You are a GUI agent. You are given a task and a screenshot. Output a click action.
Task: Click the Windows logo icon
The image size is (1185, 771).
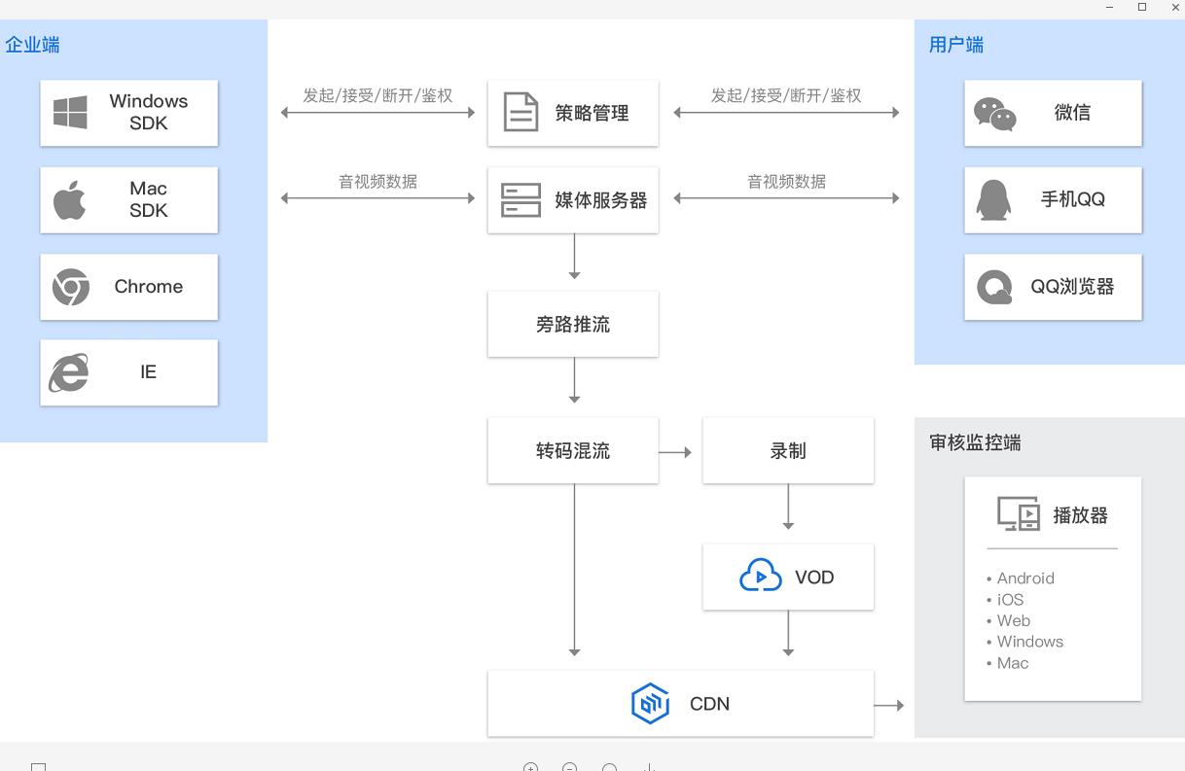tap(70, 113)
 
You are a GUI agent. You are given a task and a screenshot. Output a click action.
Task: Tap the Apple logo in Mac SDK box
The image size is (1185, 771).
tap(69, 200)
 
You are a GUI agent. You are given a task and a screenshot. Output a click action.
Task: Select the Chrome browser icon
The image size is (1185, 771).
tap(70, 287)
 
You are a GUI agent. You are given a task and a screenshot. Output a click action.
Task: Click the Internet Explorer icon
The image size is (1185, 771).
tap(69, 372)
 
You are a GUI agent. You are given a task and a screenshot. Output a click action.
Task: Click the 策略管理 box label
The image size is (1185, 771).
tap(592, 114)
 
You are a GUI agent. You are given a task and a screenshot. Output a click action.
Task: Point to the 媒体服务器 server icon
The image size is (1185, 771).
tap(521, 200)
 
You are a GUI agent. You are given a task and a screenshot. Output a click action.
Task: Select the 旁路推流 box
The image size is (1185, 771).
tap(573, 325)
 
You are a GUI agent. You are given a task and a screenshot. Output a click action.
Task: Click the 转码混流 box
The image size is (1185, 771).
tap(573, 451)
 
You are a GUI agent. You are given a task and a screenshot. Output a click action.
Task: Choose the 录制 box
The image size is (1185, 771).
tap(788, 451)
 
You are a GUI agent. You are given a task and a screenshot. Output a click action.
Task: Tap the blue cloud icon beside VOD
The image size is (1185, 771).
tap(760, 577)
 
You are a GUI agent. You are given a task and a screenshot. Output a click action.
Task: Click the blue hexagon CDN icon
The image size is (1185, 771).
tap(650, 704)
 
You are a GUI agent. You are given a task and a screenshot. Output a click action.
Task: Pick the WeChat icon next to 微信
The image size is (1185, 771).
tap(994, 114)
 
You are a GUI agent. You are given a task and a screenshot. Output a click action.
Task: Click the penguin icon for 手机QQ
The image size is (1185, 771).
tap(993, 200)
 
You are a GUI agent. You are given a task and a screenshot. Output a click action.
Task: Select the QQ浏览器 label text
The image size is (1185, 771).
tap(1072, 287)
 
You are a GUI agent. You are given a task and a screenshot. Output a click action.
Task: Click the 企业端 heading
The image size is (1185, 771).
tap(32, 45)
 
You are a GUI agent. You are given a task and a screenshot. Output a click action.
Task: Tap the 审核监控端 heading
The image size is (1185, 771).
tap(975, 443)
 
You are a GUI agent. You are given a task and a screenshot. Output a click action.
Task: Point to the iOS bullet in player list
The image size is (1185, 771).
tap(1010, 600)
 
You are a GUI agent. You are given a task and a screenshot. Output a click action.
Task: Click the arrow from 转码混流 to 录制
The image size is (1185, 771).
tap(675, 452)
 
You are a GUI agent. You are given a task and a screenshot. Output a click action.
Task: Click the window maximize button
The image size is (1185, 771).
tap(1142, 8)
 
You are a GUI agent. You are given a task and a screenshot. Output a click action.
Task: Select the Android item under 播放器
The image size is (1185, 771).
tap(1025, 578)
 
